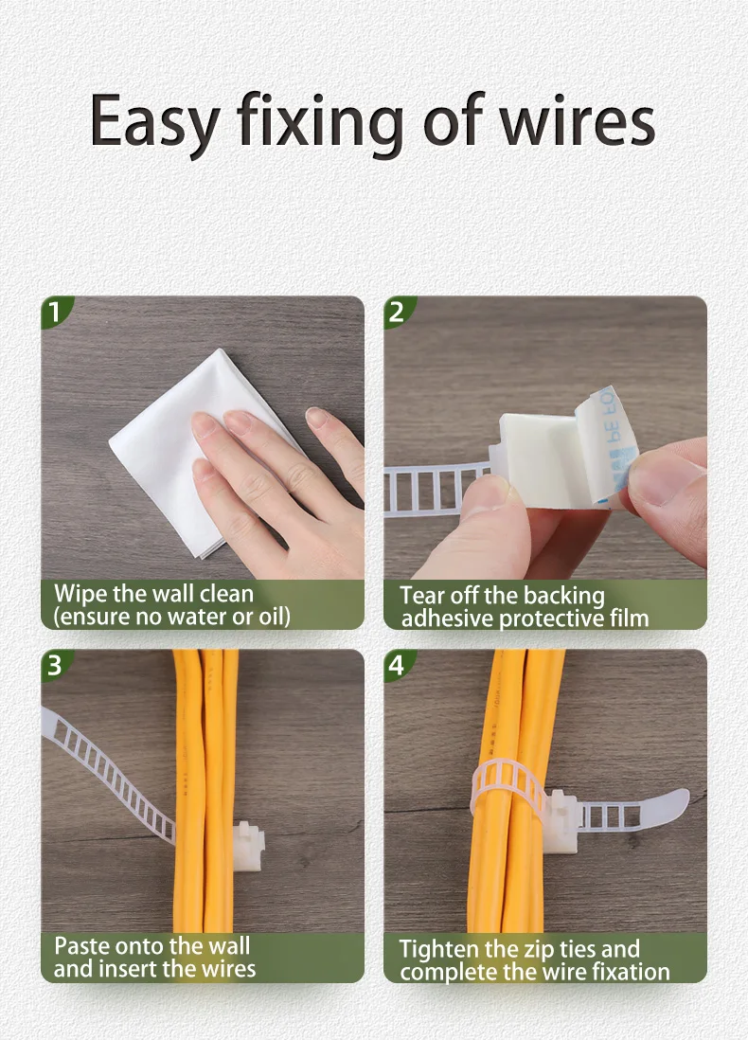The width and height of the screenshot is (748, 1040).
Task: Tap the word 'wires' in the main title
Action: [578, 119]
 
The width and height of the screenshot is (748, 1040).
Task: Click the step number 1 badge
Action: [54, 312]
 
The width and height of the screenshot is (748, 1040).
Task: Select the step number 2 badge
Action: [397, 312]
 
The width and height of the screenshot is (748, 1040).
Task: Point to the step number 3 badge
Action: [54, 665]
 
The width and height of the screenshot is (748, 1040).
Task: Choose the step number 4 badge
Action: [397, 665]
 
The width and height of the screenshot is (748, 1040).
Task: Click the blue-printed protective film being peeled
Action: [600, 444]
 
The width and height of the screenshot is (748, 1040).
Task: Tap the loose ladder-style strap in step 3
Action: [110, 769]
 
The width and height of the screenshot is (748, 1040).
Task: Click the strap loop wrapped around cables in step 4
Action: [508, 787]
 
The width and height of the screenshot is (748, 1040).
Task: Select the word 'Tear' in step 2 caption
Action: [422, 595]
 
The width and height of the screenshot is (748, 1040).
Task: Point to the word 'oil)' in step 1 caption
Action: [274, 618]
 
